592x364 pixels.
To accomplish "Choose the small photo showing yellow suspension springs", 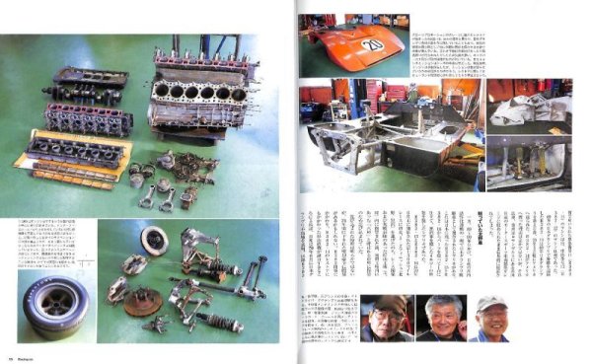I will (x=528, y=163).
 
